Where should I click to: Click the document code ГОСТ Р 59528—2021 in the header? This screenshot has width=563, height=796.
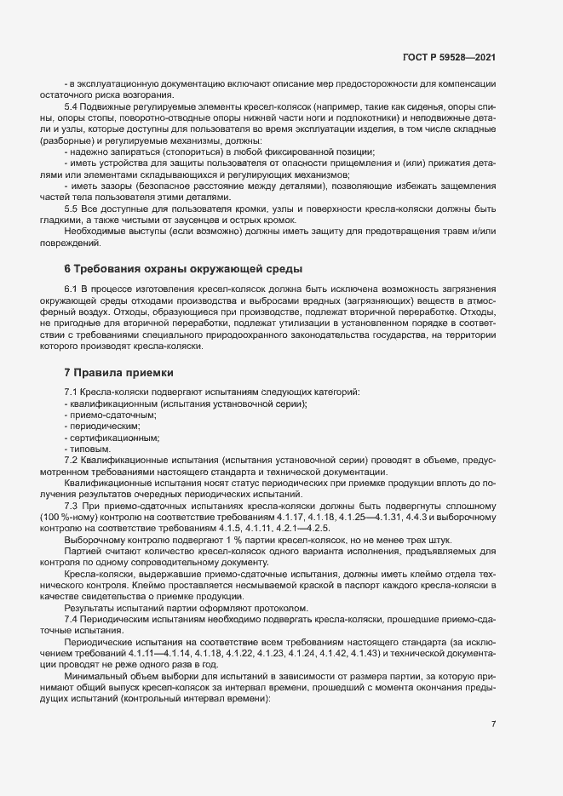coord(449,57)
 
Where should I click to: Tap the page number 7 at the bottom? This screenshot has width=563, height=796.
coord(494,724)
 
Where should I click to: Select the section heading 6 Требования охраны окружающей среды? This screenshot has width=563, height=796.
coord(183,269)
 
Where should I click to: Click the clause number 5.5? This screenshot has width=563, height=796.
coord(72,208)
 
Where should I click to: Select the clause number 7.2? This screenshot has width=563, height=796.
coord(72,460)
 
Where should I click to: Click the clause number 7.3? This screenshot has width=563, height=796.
coord(72,506)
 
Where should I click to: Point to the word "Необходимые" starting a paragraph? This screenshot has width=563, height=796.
coord(94,231)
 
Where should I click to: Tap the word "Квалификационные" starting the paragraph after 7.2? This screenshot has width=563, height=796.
coord(104,483)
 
